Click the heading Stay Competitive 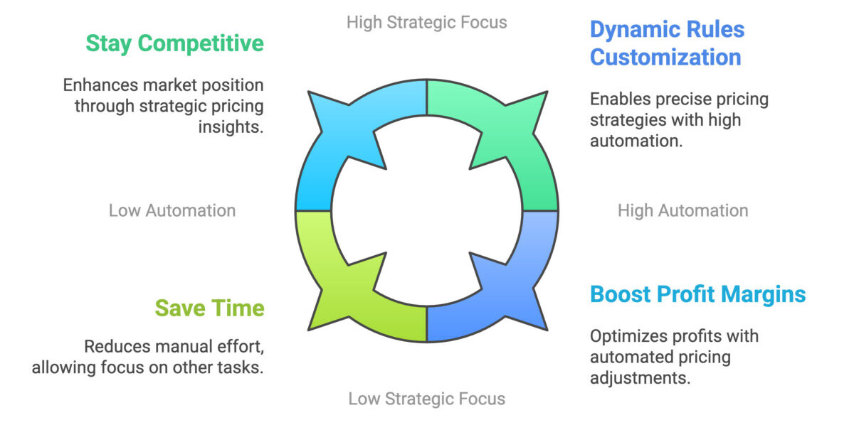coord(174,43)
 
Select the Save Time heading coord(209,308)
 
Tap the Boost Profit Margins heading coord(697,294)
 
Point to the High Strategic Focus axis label coord(426,22)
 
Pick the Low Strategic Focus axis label coord(426,399)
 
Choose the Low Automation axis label coord(172,210)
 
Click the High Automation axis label coord(682,210)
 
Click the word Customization coord(665,57)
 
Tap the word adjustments coord(640,377)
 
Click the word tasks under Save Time coord(243,367)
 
